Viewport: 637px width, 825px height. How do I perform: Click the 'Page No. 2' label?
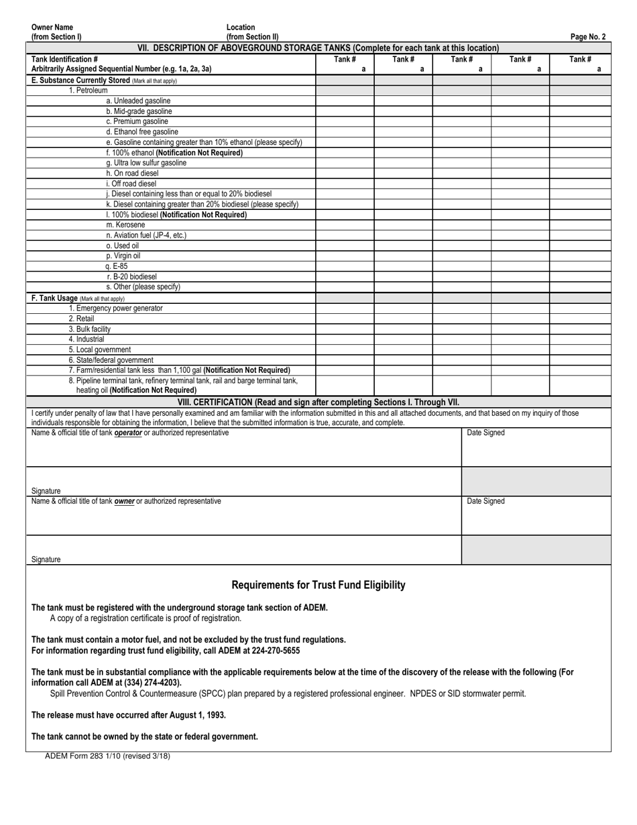[x=587, y=38]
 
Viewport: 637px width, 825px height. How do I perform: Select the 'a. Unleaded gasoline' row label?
[x=138, y=101]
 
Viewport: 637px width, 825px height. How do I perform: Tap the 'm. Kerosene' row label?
[x=125, y=225]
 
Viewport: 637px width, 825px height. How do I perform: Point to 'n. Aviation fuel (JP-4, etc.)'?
[x=146, y=235]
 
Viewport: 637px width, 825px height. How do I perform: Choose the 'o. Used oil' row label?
[x=122, y=245]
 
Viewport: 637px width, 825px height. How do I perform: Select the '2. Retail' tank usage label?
[x=81, y=319]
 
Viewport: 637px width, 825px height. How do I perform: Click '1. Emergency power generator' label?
[x=115, y=309]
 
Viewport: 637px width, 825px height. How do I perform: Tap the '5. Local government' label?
[x=100, y=349]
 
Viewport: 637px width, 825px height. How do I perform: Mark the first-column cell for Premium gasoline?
[x=345, y=121]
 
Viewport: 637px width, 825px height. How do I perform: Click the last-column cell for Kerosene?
[x=580, y=225]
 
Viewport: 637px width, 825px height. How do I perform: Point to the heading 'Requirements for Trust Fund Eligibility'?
[x=318, y=585]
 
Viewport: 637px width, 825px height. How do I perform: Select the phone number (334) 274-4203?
[x=148, y=683]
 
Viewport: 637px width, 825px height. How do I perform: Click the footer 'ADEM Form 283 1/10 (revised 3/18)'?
[x=107, y=756]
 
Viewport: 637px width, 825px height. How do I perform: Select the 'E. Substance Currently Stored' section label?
[x=80, y=80]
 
